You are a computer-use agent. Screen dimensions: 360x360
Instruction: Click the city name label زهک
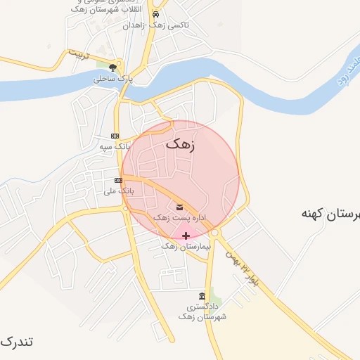pyautogui.click(x=181, y=144)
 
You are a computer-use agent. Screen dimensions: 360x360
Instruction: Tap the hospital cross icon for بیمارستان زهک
pyautogui.click(x=186, y=235)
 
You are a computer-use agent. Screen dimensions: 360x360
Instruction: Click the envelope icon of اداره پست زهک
pyautogui.click(x=179, y=207)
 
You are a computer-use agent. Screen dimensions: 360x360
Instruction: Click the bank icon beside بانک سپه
pyautogui.click(x=115, y=136)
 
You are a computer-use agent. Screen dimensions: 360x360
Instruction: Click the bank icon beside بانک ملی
pyautogui.click(x=118, y=180)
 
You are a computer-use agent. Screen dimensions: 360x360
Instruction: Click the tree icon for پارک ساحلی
pyautogui.click(x=112, y=67)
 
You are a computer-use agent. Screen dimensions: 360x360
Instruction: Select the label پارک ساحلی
pyautogui.click(x=109, y=79)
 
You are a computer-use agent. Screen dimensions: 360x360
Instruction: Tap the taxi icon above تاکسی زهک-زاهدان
pyautogui.click(x=155, y=13)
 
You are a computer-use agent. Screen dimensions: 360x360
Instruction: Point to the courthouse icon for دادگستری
pyautogui.click(x=202, y=295)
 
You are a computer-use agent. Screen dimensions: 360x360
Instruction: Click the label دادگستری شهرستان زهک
pyautogui.click(x=202, y=312)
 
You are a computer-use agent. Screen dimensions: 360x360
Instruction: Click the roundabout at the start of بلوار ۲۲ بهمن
pyautogui.click(x=215, y=233)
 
